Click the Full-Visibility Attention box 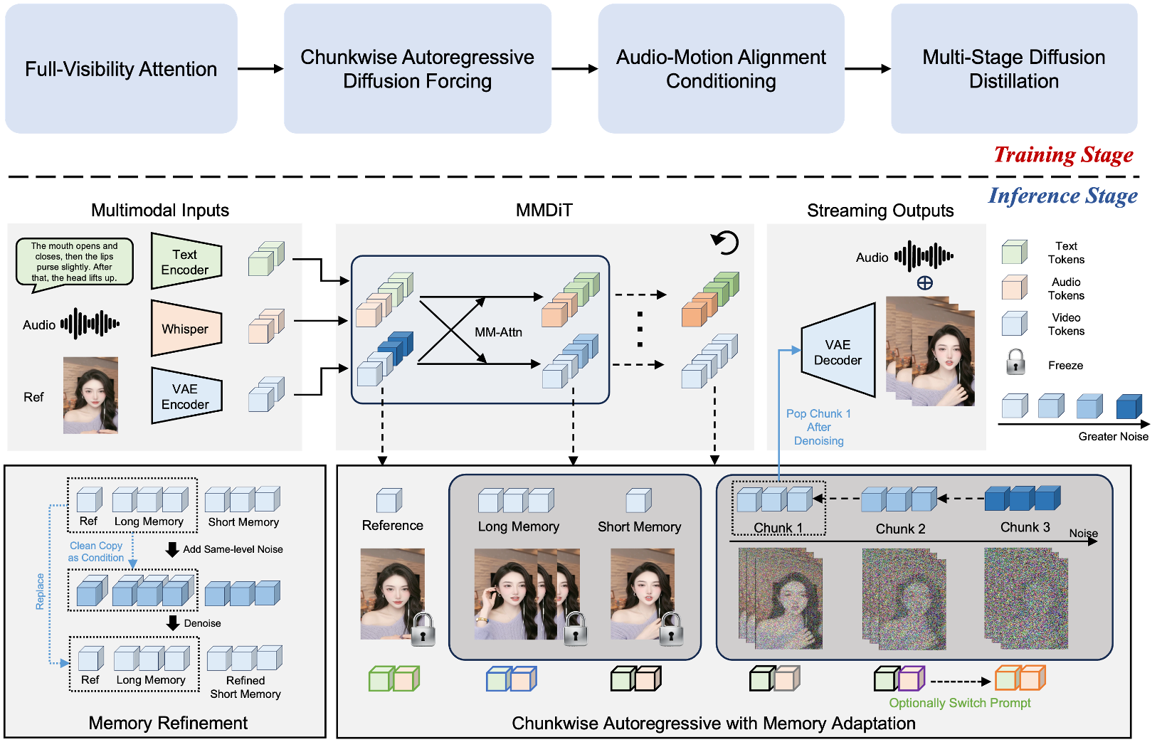pyautogui.click(x=121, y=69)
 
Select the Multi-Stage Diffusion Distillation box pyautogui.click(x=1013, y=69)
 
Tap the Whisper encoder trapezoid pyautogui.click(x=186, y=329)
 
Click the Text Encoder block pyautogui.click(x=186, y=262)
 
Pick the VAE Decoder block pyautogui.click(x=838, y=352)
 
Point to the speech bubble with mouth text pyautogui.click(x=75, y=263)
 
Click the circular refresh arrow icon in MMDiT pyautogui.click(x=725, y=243)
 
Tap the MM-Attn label pyautogui.click(x=498, y=332)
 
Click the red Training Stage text pyautogui.click(x=1063, y=154)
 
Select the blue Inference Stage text pyautogui.click(x=1062, y=196)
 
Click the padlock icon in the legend pyautogui.click(x=1015, y=362)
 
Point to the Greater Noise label pyautogui.click(x=1113, y=436)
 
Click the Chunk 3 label pyautogui.click(x=1025, y=527)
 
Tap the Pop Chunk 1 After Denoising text pyautogui.click(x=818, y=427)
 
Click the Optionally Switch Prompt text pyautogui.click(x=959, y=703)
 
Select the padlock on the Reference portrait pyautogui.click(x=423, y=629)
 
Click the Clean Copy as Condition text pyautogui.click(x=96, y=551)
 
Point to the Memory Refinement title pyautogui.click(x=168, y=723)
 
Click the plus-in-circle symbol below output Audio pyautogui.click(x=924, y=283)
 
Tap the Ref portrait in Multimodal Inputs pyautogui.click(x=90, y=396)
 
